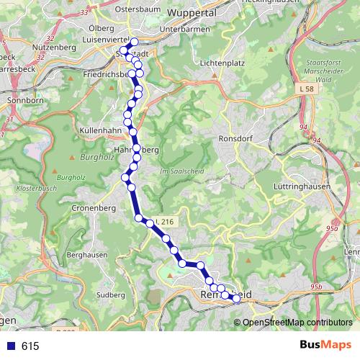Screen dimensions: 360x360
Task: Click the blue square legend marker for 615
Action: (x=9, y=346)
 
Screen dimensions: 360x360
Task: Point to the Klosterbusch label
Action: (x=32, y=188)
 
